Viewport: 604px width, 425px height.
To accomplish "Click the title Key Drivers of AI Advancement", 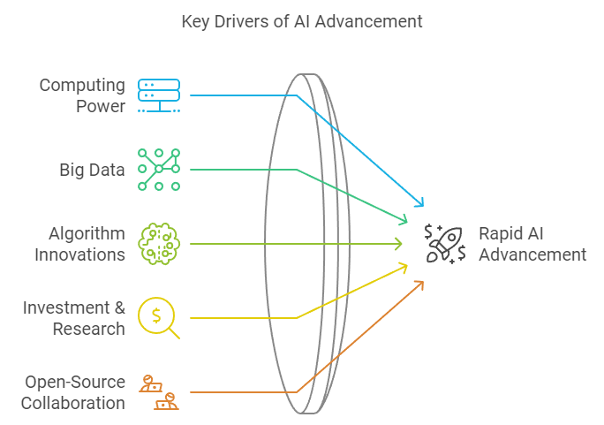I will coord(302,21).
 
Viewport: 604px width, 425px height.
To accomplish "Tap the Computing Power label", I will coord(82,95).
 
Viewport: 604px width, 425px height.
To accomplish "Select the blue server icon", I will coord(159,95).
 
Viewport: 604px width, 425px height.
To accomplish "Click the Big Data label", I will coord(92,169).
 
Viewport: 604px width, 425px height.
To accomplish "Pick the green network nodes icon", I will coord(159,170).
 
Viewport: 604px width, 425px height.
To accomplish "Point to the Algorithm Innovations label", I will coord(79,244).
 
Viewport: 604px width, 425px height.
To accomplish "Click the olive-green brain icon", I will coord(159,243).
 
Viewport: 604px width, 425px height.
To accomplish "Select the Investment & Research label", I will coord(74,318).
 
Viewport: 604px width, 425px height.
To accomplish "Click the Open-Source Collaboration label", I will coord(74,392).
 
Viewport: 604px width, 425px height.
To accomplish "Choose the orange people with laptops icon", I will coord(159,392).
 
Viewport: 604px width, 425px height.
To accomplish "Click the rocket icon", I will coord(445,244).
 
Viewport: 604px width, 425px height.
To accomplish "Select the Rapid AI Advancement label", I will coord(532,244).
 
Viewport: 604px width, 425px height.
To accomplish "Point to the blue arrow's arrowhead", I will coord(420,204).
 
